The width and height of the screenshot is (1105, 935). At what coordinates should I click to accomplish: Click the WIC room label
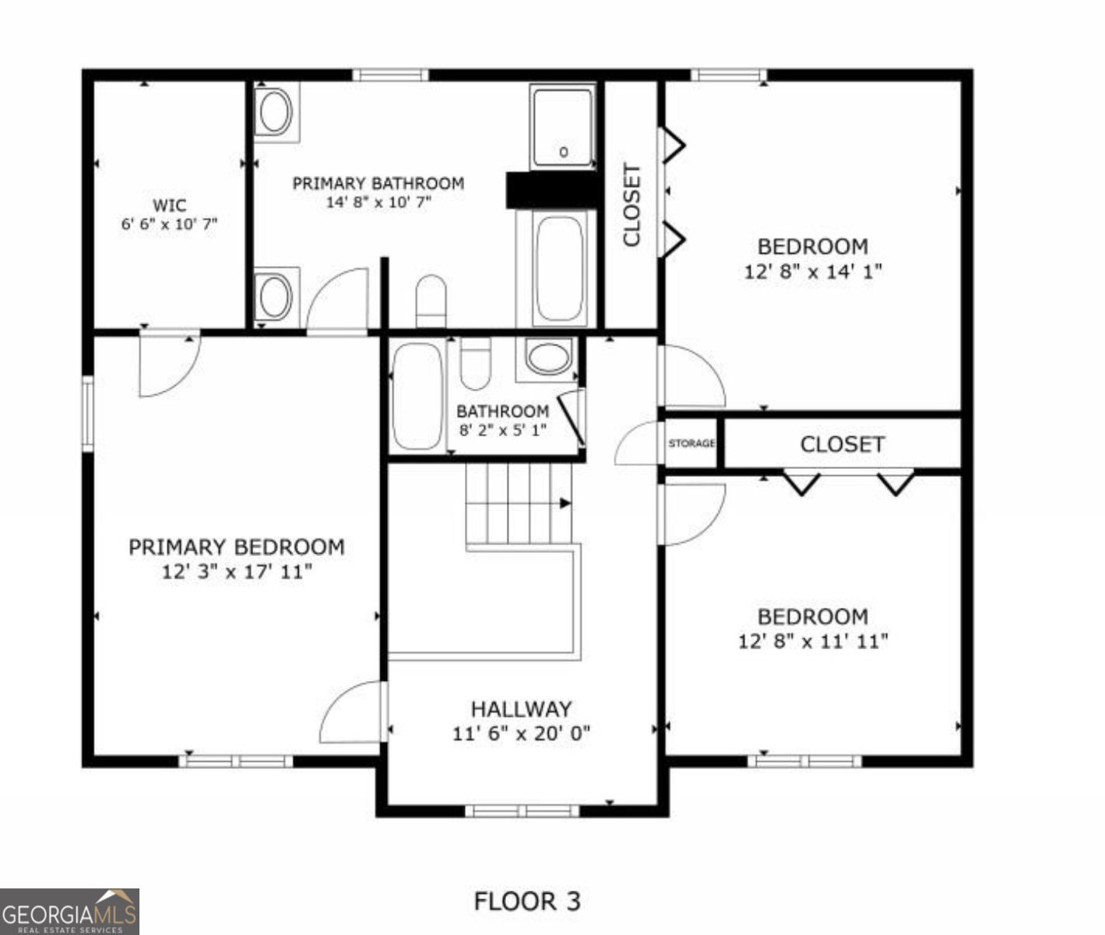[x=169, y=206]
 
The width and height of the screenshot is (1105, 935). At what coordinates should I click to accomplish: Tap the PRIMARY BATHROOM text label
[x=378, y=184]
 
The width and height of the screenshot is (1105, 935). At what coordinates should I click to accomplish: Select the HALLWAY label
[x=521, y=709]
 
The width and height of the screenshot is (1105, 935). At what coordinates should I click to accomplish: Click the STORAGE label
[x=692, y=444]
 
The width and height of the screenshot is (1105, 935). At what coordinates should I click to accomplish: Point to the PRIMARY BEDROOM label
[x=237, y=548]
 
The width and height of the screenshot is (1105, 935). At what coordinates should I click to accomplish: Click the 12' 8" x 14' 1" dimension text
[x=813, y=273]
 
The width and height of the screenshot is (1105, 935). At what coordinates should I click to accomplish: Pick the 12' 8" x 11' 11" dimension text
[x=813, y=642]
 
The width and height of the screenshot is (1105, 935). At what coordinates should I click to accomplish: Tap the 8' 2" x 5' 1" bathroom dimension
[x=502, y=429]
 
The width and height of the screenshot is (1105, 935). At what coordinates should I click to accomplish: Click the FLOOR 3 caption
[x=527, y=901]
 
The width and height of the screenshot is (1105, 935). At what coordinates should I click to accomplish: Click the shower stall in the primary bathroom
[x=563, y=127]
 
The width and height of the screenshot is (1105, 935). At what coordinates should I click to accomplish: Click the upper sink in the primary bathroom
[x=276, y=111]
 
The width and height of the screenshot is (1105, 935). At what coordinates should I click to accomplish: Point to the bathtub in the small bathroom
[x=417, y=396]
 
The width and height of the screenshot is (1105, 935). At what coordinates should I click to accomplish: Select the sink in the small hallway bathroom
[x=550, y=358]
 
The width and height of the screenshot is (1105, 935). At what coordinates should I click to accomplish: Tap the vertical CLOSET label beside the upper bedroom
[x=632, y=205]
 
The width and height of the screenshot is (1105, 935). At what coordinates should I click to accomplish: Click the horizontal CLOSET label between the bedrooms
[x=842, y=445]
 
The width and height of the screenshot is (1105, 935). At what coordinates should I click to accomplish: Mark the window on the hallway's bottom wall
[x=522, y=811]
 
